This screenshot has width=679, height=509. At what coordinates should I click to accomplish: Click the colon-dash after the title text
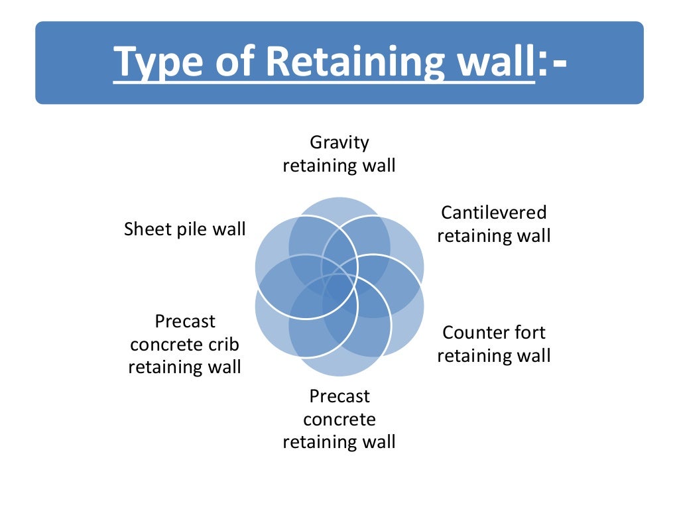pyautogui.click(x=552, y=62)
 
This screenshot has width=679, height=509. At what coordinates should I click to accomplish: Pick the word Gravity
pyautogui.click(x=339, y=142)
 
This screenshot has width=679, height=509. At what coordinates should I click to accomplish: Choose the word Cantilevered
pyautogui.click(x=494, y=213)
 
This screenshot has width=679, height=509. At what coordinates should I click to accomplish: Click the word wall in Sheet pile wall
pyautogui.click(x=229, y=229)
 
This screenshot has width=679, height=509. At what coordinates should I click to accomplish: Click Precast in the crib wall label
pyautogui.click(x=185, y=321)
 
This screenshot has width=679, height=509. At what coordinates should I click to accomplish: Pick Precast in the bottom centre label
pyautogui.click(x=339, y=396)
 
